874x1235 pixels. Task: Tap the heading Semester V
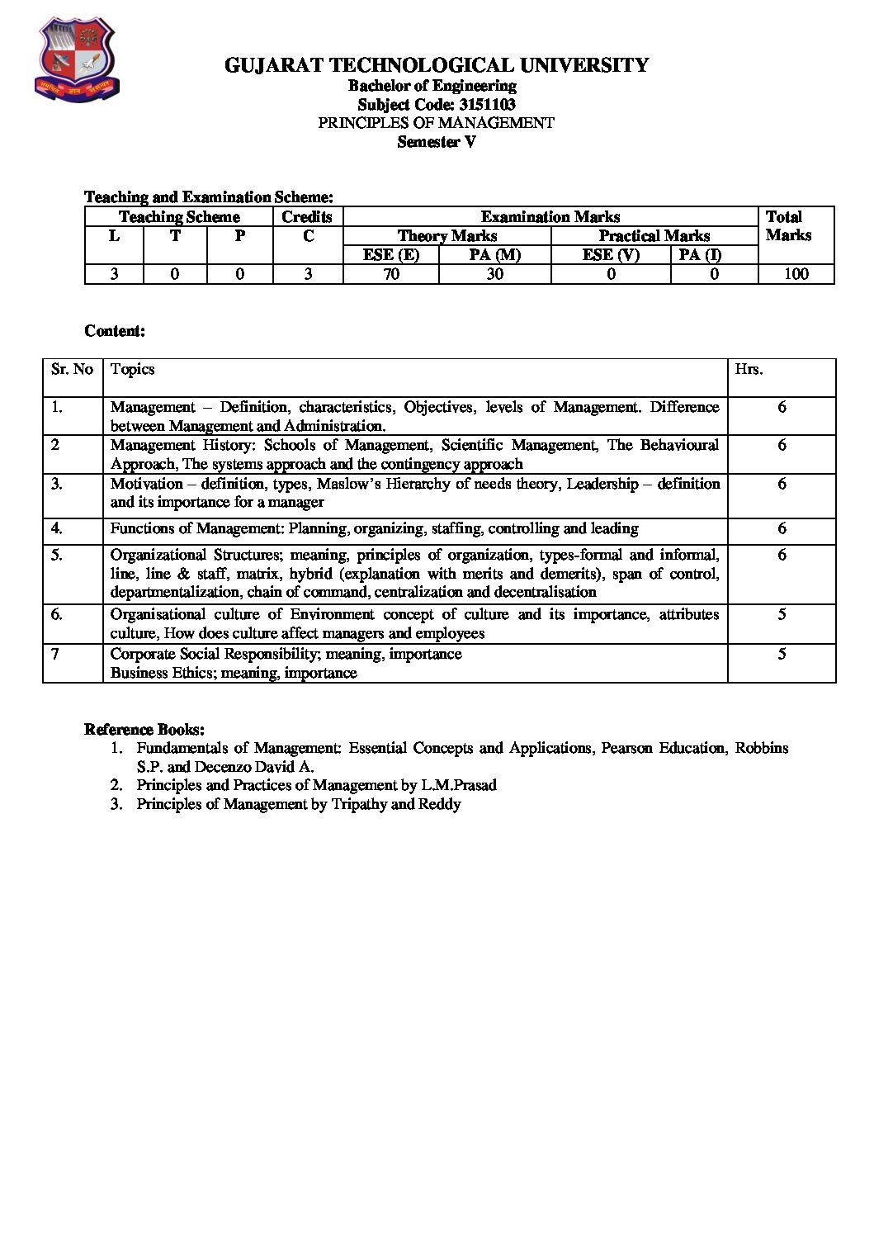[436, 142]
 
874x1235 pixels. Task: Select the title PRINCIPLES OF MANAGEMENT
[436, 123]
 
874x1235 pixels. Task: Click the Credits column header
[307, 217]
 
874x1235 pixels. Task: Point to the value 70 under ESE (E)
[391, 274]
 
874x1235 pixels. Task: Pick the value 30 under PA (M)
[494, 274]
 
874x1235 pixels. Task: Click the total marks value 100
[796, 274]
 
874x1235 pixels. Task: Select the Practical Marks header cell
[654, 236]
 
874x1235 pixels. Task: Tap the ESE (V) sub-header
[611, 255]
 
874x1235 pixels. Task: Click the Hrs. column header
[749, 370]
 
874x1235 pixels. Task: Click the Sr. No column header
[72, 370]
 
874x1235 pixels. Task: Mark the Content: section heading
[115, 331]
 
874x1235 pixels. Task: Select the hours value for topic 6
[782, 615]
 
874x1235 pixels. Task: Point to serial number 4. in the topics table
[57, 528]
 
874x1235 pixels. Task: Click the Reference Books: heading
[144, 730]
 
